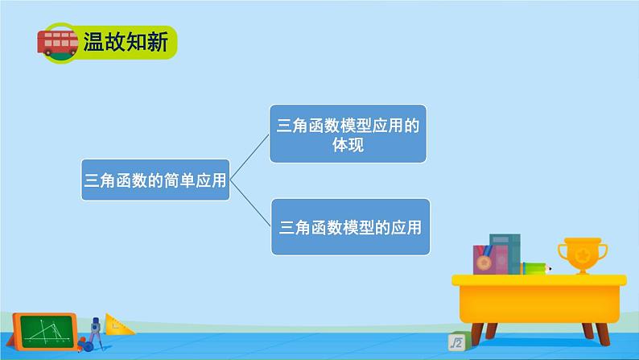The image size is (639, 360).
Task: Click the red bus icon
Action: click(57, 42)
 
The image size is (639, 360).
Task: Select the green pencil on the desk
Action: click(534, 268)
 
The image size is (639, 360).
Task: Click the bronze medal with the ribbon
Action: click(483, 263)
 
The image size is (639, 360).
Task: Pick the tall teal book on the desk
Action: click(505, 254)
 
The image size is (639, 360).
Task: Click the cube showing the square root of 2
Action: click(456, 343)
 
